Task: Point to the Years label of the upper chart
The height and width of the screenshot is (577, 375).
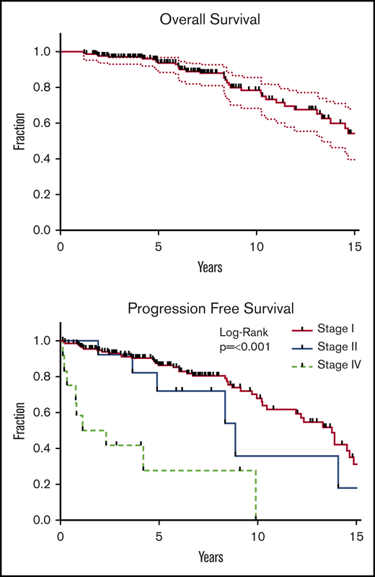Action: point(210,267)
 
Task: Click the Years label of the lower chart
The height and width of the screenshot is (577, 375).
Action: point(210,558)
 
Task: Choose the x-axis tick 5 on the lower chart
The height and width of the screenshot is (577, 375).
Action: point(159,537)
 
